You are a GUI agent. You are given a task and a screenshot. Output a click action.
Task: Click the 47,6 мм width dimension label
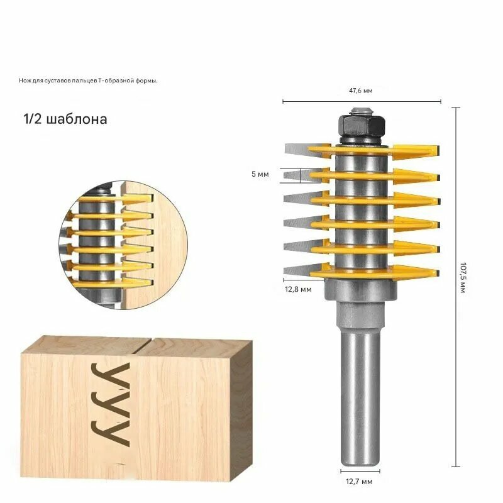click(x=360, y=91)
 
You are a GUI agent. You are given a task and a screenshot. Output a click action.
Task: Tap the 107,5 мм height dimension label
click(x=463, y=277)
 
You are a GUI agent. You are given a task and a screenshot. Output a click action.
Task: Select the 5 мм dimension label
click(x=260, y=174)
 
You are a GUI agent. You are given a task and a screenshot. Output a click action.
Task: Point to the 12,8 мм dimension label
click(x=298, y=289)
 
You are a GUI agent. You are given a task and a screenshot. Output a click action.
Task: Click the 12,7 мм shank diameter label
click(x=359, y=482)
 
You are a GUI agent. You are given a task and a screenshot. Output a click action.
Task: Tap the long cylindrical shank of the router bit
click(x=360, y=398)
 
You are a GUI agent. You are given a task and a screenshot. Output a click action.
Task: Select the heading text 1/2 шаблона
click(x=65, y=119)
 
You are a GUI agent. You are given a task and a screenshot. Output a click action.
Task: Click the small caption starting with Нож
click(x=88, y=81)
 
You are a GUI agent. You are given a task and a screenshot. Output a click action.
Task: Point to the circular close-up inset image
click(x=123, y=245)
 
